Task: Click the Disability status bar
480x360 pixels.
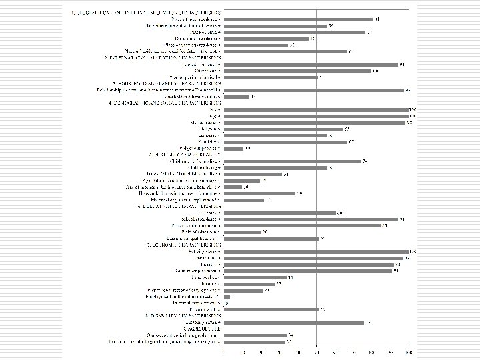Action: tap(293, 322)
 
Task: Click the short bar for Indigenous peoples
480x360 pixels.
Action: tap(233, 148)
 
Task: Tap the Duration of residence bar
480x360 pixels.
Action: tap(266, 39)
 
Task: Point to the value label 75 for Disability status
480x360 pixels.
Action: tap(369, 322)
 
